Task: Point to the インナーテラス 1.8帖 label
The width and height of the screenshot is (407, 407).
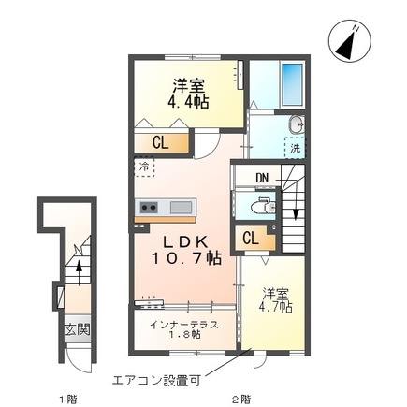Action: click(x=183, y=330)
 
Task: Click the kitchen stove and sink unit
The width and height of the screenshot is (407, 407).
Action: click(x=164, y=207)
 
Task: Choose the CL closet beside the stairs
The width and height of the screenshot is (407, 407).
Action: click(x=251, y=238)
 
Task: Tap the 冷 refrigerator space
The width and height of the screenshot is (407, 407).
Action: click(x=146, y=167)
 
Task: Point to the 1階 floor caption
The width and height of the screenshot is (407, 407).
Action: click(x=65, y=398)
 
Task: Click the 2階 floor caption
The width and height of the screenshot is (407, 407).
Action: click(x=240, y=398)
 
